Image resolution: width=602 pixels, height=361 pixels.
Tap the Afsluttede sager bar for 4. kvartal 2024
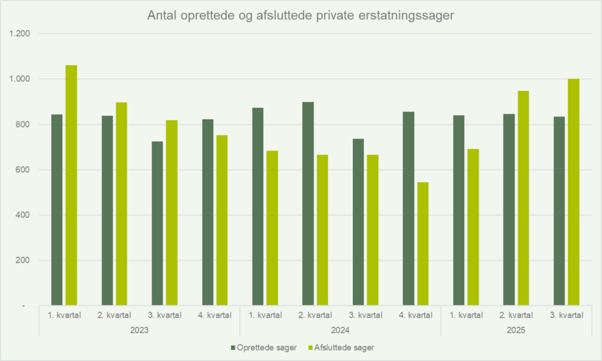423,243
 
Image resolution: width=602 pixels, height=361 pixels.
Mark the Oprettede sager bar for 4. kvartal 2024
408,208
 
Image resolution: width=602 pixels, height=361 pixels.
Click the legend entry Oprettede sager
265,346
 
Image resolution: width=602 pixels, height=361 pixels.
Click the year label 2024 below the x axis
340,330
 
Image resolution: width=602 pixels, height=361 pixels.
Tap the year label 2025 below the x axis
516,330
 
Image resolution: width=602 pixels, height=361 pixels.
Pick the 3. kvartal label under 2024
365,315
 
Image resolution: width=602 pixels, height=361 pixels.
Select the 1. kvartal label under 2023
64,315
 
